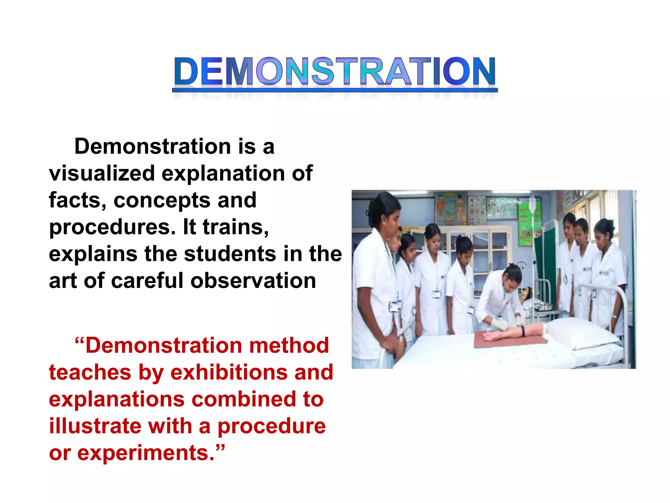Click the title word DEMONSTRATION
[335, 71]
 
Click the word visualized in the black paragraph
[102, 173]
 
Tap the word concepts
[162, 200]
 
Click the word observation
[253, 281]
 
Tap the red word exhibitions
[229, 372]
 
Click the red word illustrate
[95, 426]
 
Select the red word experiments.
[146, 454]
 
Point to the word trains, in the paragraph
[236, 227]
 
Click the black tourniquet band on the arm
[523, 331]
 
